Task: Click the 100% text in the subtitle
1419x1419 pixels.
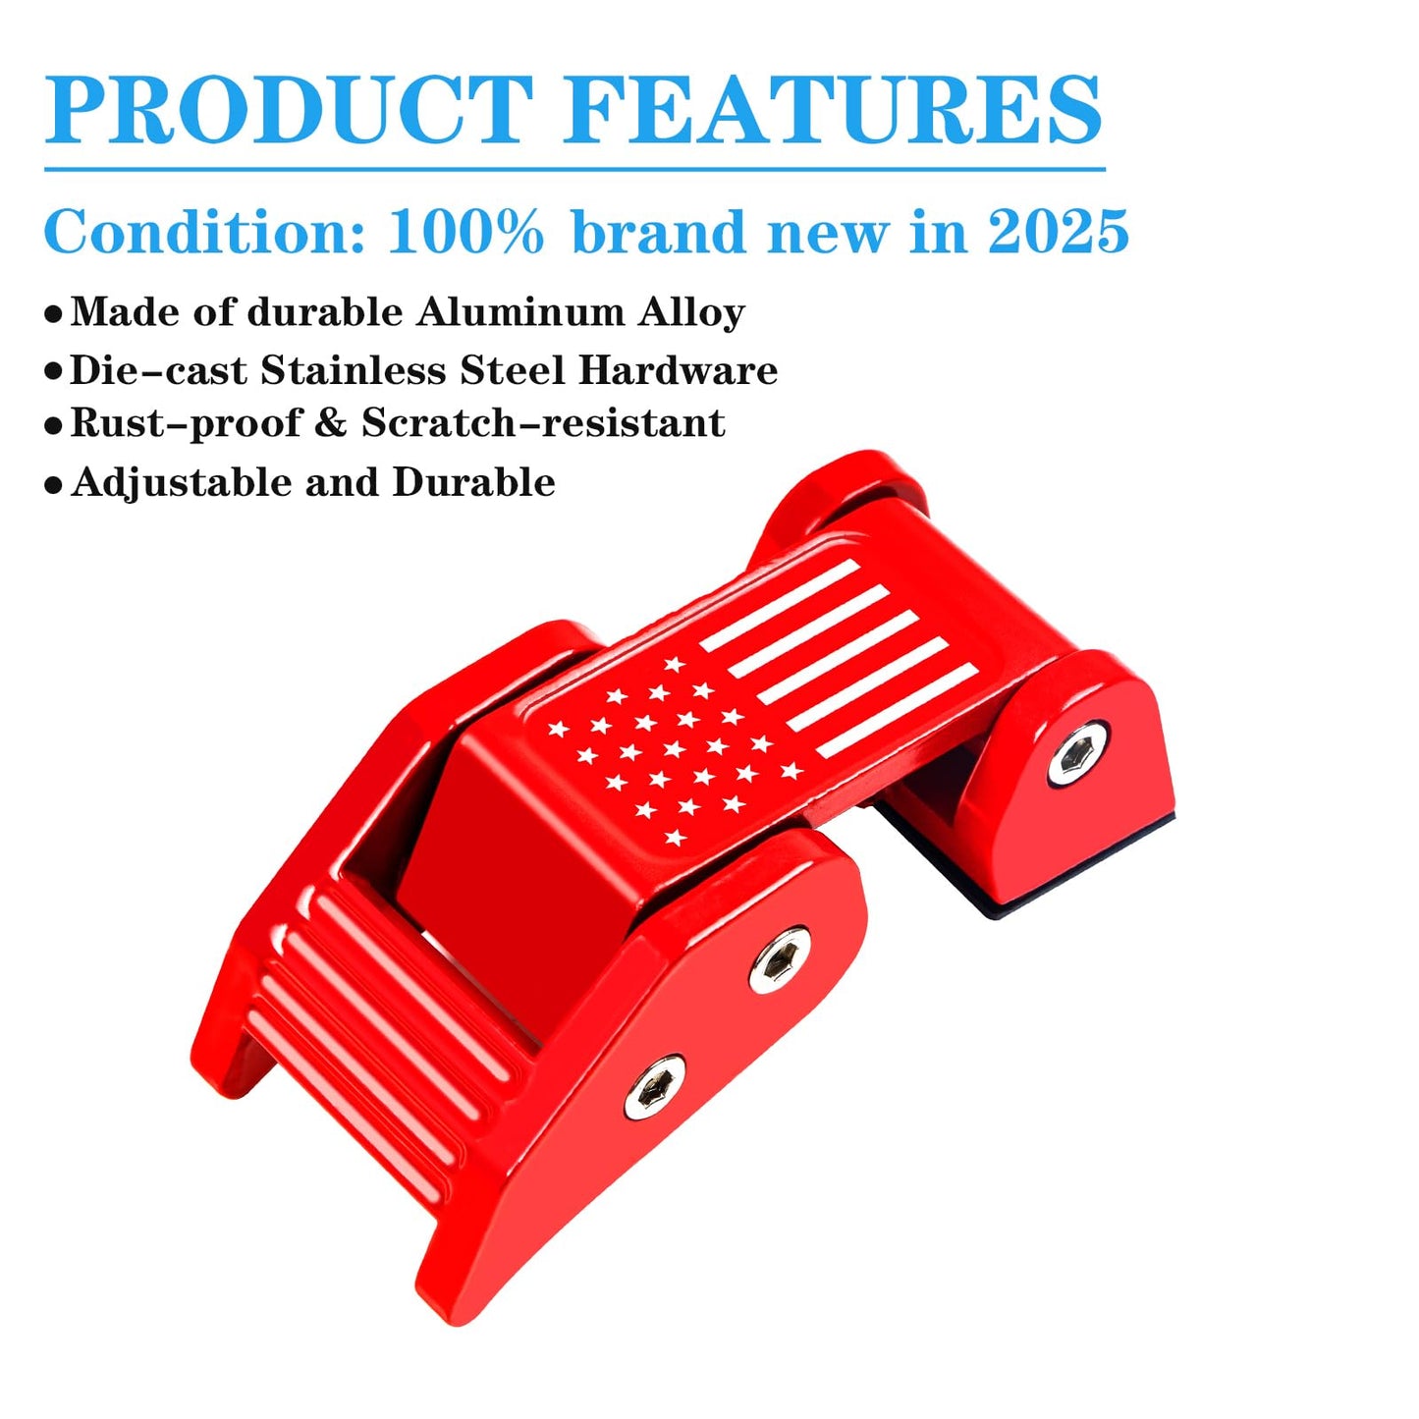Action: (465, 233)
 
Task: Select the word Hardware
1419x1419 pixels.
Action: (678, 370)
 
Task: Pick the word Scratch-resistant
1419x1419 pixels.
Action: (543, 423)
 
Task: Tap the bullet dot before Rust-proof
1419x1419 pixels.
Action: (53, 426)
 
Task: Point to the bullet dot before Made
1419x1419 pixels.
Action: (53, 314)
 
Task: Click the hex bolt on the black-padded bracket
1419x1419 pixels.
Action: (1076, 754)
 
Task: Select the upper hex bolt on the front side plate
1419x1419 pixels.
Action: (780, 959)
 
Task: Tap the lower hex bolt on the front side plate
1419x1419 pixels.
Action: (655, 1088)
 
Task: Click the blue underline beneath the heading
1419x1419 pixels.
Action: (574, 170)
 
